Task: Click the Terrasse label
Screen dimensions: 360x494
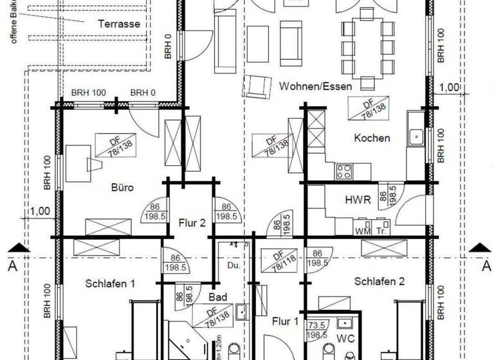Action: [x=119, y=24]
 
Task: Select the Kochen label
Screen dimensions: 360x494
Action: [x=372, y=138]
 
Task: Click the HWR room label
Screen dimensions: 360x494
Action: [x=358, y=200]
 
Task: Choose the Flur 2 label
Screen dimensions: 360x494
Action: [x=192, y=223]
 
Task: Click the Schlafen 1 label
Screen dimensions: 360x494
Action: [x=111, y=283]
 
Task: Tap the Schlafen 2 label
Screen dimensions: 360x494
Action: [x=380, y=280]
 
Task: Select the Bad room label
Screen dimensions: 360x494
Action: [x=218, y=297]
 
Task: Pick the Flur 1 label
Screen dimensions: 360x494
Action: [x=284, y=320]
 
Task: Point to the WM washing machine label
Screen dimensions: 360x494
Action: [x=361, y=231]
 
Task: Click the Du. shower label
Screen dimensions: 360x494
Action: [x=233, y=265]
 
